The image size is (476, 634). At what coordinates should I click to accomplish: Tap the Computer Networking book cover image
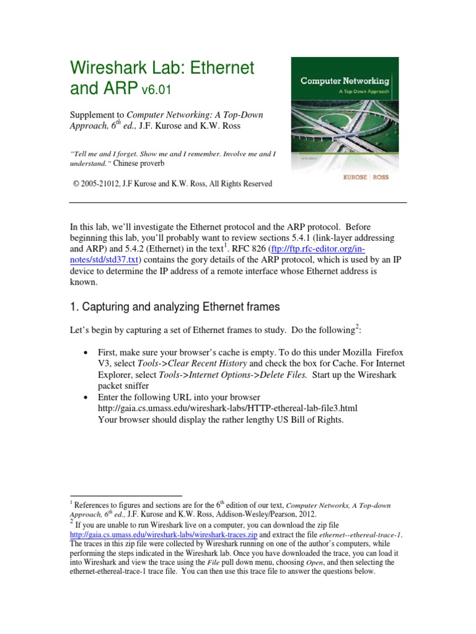(345, 123)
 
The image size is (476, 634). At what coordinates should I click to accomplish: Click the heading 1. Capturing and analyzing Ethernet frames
(174, 306)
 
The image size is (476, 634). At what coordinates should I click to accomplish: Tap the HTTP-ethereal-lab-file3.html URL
(227, 408)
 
